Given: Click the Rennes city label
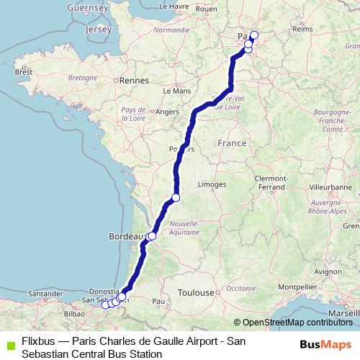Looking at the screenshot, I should tap(133, 81).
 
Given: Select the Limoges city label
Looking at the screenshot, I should tap(212, 184).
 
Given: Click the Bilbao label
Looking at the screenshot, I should tap(75, 314).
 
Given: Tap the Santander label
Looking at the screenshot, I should tap(45, 293).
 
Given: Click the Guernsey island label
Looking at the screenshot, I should tap(86, 7).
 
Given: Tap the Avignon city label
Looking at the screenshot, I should tap(307, 271).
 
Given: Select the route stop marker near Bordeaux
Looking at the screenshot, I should tap(151, 235).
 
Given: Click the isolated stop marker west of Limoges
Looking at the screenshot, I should tap(176, 197).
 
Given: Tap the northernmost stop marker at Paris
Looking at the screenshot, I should tap(253, 35).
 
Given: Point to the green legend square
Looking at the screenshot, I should tap(9, 344).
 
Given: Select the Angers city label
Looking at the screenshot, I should tap(167, 112).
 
